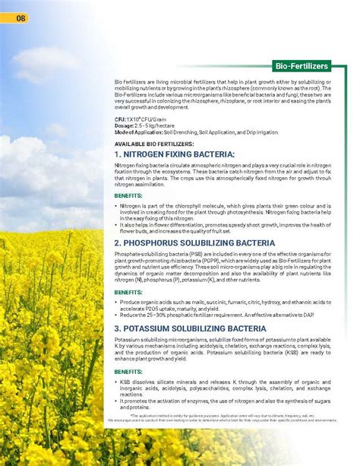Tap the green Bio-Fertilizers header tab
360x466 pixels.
(x=302, y=67)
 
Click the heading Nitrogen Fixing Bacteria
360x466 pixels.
(x=174, y=154)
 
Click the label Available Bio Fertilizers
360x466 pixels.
(x=153, y=144)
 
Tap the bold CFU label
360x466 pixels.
(x=120, y=119)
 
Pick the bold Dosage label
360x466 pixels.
(x=125, y=125)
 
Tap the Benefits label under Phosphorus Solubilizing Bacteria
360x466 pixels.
(x=128, y=292)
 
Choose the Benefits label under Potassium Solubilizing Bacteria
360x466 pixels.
(x=128, y=371)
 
